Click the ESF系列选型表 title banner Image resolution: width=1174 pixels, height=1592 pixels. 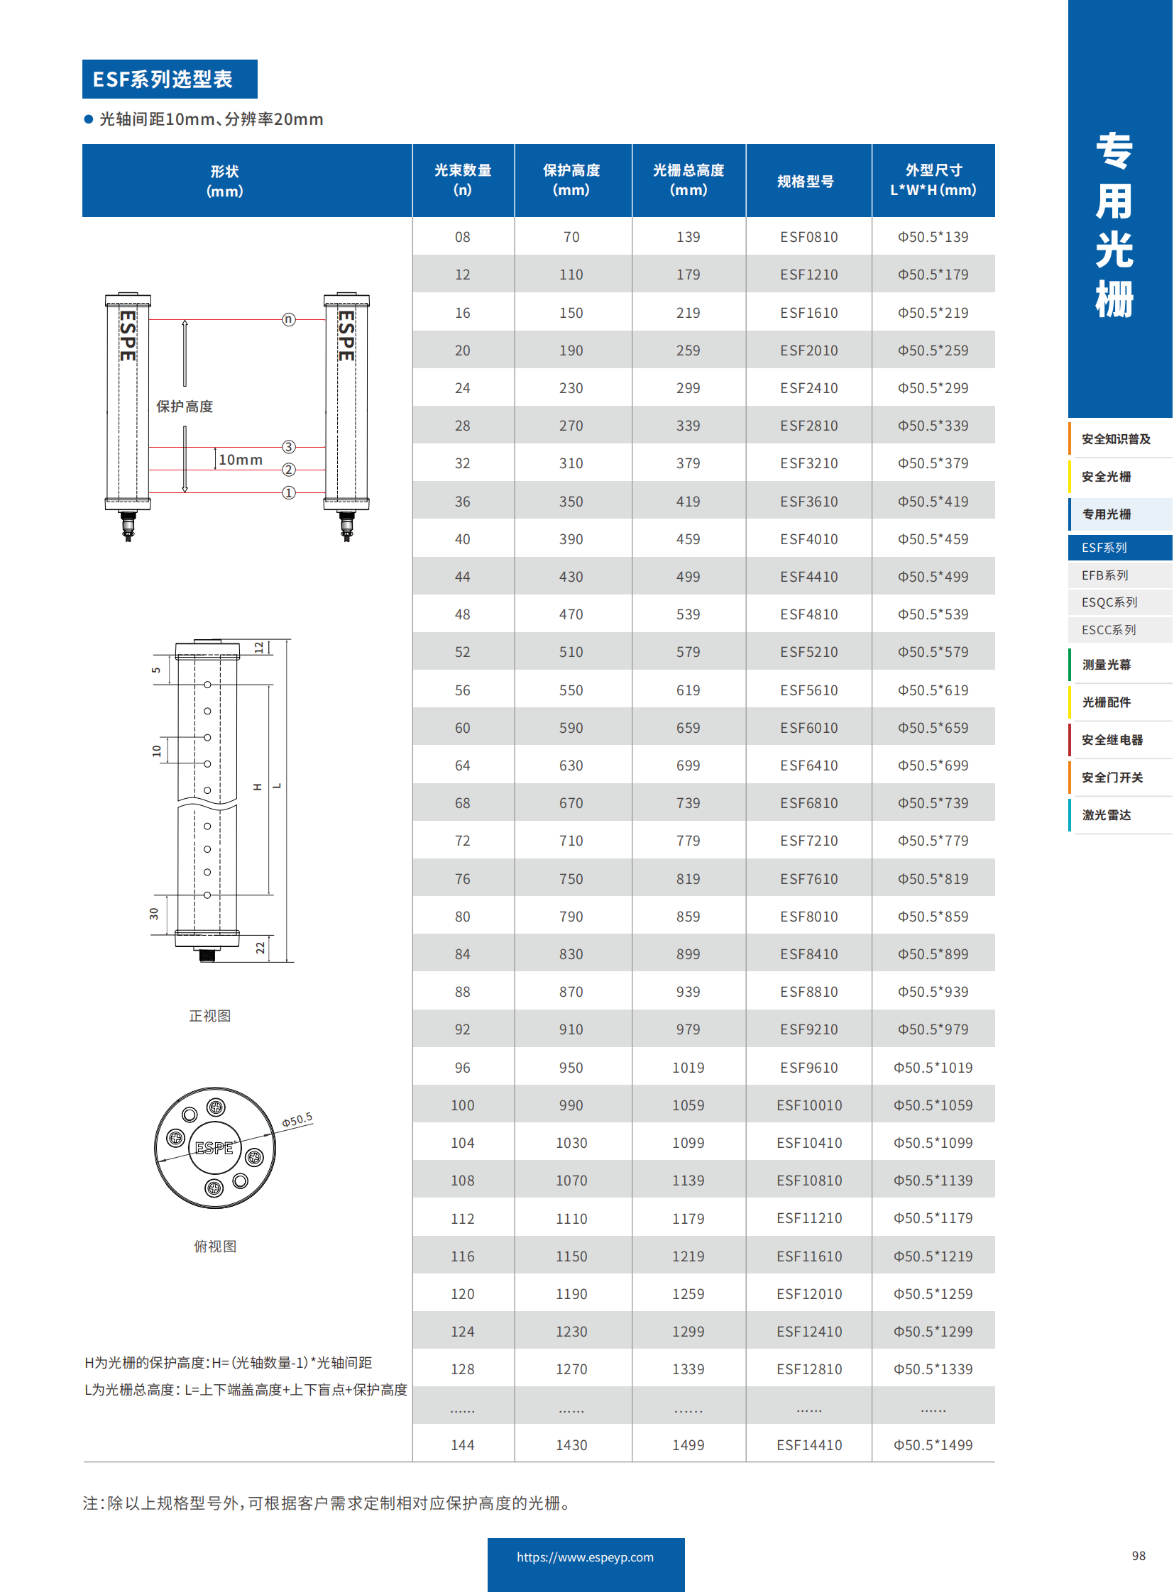click(x=169, y=79)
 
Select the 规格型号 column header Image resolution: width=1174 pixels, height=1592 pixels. click(x=805, y=181)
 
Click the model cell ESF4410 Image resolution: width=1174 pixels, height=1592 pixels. click(x=808, y=577)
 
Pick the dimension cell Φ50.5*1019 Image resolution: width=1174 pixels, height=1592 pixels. click(x=933, y=1067)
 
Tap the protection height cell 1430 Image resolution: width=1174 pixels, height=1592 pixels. click(x=571, y=1444)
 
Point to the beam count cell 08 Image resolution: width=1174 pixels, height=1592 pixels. click(x=462, y=236)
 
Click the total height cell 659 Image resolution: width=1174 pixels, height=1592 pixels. click(x=687, y=727)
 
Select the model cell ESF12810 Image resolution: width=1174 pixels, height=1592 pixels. click(x=808, y=1369)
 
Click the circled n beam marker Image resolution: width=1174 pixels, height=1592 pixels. click(x=288, y=319)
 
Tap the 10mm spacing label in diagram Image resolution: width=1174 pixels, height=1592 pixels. click(x=240, y=460)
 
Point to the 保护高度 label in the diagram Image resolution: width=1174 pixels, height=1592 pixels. click(x=185, y=407)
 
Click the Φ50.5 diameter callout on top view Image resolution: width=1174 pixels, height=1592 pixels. click(x=297, y=1120)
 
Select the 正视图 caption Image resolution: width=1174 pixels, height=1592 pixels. click(x=209, y=1016)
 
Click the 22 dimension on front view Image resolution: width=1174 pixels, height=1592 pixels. click(x=260, y=948)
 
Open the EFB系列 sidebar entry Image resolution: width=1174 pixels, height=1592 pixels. click(x=1105, y=575)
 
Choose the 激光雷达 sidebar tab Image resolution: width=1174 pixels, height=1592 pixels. click(x=1106, y=815)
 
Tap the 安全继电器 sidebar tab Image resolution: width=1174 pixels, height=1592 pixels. click(x=1112, y=739)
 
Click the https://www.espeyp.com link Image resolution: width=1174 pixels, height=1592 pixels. click(x=585, y=1557)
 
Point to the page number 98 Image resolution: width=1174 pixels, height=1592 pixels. click(x=1138, y=1556)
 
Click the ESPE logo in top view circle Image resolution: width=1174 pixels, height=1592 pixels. click(x=214, y=1148)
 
